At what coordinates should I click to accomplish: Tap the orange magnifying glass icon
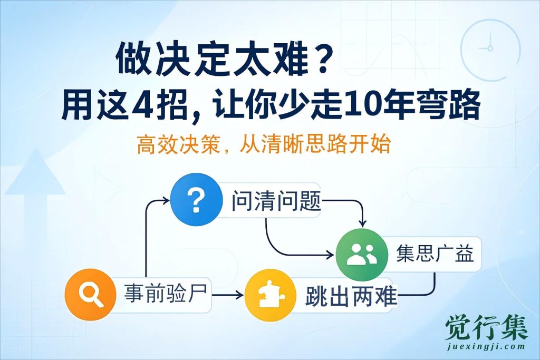click(90, 294)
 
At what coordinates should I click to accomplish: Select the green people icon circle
click(361, 255)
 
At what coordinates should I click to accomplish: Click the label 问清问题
click(276, 202)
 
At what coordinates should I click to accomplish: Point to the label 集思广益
click(435, 255)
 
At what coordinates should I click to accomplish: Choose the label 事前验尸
click(168, 294)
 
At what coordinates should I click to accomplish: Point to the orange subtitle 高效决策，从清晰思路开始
click(263, 144)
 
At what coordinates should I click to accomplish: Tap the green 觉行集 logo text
click(486, 328)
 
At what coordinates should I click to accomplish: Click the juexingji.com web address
click(486, 347)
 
